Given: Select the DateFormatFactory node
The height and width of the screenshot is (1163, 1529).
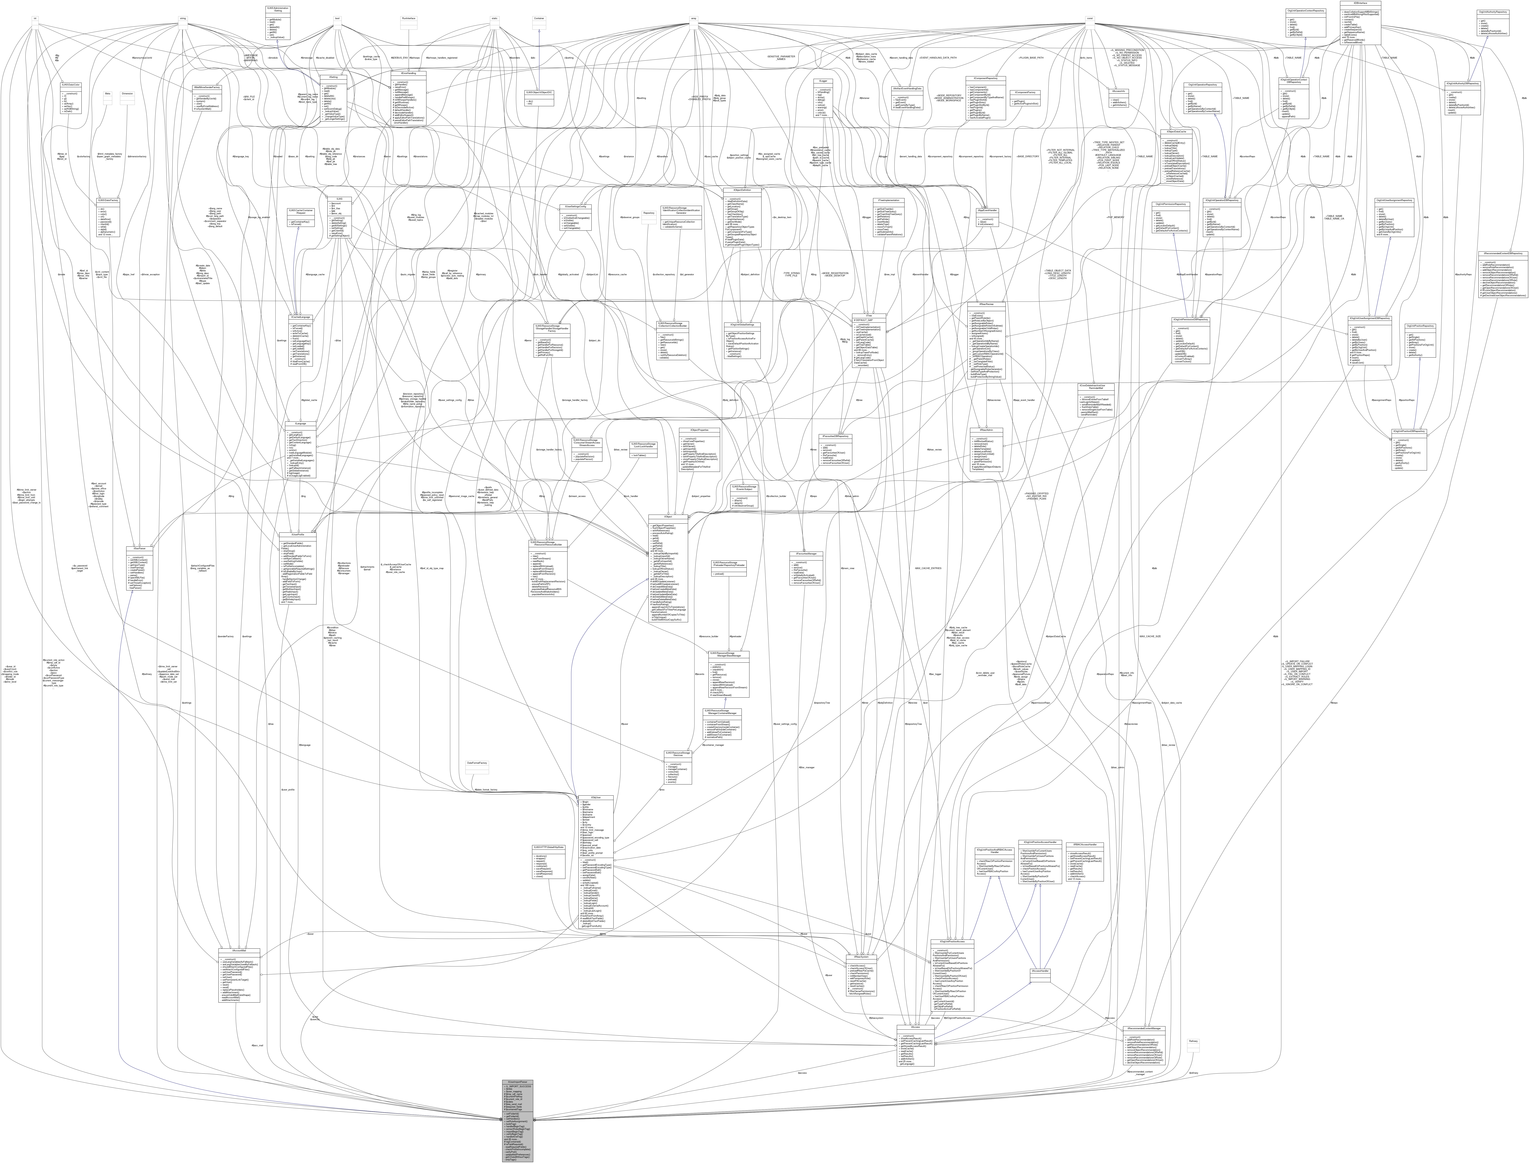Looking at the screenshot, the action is tap(478, 762).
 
